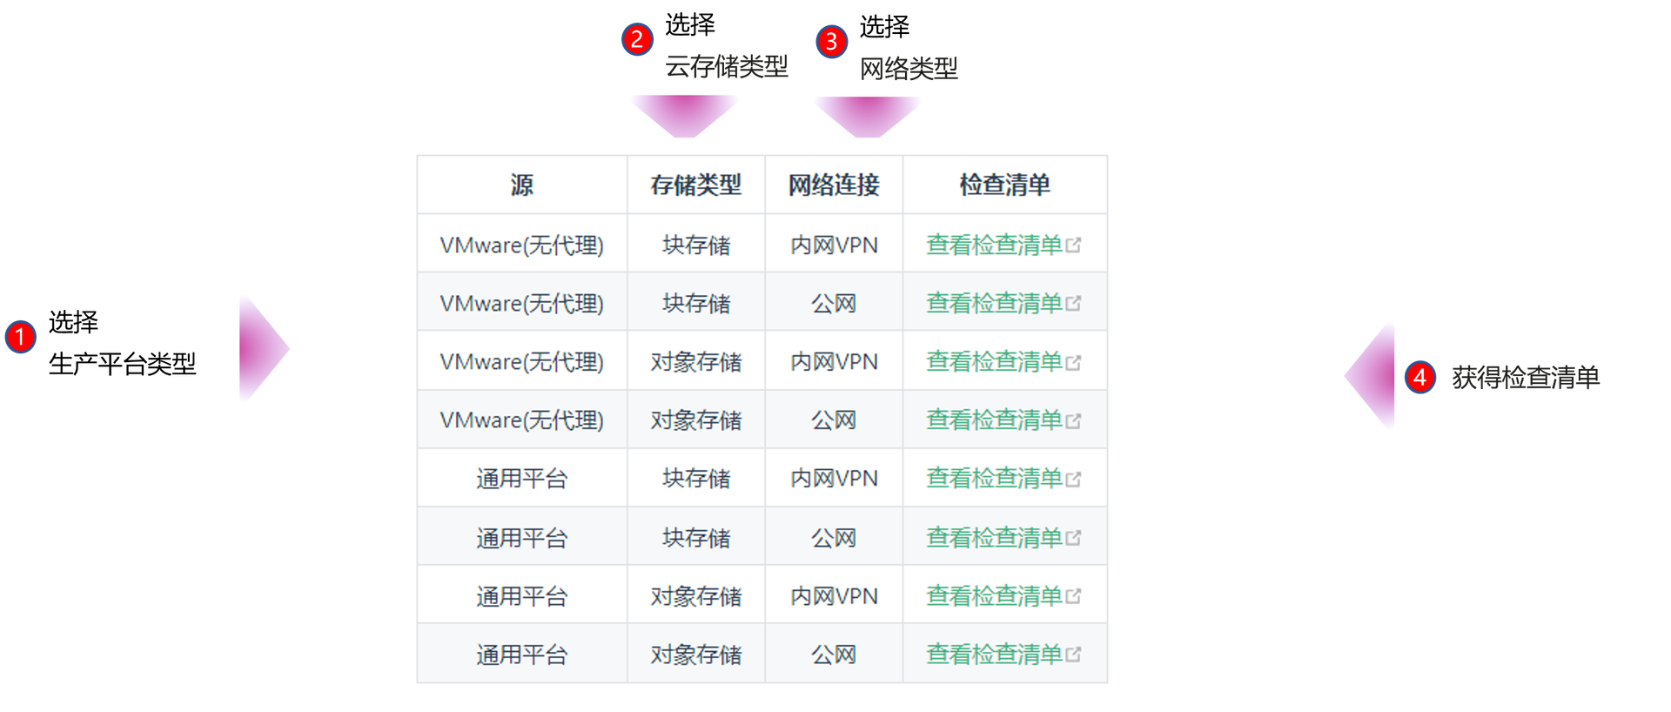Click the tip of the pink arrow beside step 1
[289, 349]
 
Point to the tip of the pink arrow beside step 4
[1345, 376]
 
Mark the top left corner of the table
[417, 156]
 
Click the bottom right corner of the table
[1108, 683]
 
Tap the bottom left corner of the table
[417, 683]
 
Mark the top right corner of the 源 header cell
[627, 156]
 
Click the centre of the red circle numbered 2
[637, 39]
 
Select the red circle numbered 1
[20, 337]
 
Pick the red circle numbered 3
[832, 41]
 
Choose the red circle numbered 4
[1420, 377]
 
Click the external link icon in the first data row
[1073, 245]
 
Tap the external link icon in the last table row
[1073, 655]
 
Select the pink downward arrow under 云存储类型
[684, 116]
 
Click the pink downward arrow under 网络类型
[868, 117]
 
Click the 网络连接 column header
[834, 185]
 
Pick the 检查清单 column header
[1005, 185]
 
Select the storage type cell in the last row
[696, 655]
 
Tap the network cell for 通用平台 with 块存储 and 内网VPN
[834, 478]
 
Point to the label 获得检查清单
[1526, 377]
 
